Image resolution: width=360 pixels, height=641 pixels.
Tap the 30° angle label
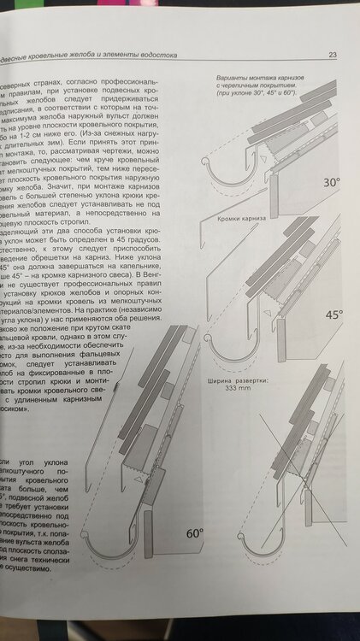pyautogui.click(x=333, y=183)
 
